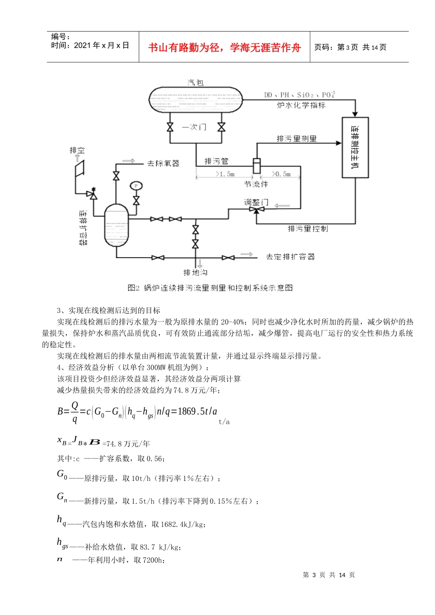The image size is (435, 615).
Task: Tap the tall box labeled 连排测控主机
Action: coord(355,147)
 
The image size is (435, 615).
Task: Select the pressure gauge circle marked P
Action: coord(136,186)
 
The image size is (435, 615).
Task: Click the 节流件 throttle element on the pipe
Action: coord(256,166)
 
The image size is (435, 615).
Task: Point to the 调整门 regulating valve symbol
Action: coord(256,210)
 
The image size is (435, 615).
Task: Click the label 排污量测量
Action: coord(296,139)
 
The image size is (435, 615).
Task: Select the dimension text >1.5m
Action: coord(225,174)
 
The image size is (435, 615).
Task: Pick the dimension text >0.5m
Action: coord(281,174)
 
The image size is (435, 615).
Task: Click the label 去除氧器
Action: coord(163,163)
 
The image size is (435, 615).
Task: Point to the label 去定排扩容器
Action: coord(290,257)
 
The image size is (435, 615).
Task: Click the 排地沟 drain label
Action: coord(196,273)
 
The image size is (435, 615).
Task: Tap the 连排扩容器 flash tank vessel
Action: coord(117,226)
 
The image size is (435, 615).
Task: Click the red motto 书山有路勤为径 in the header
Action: coord(224,47)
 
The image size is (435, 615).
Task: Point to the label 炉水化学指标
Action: coord(301,105)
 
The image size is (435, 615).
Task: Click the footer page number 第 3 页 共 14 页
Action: coord(329,575)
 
